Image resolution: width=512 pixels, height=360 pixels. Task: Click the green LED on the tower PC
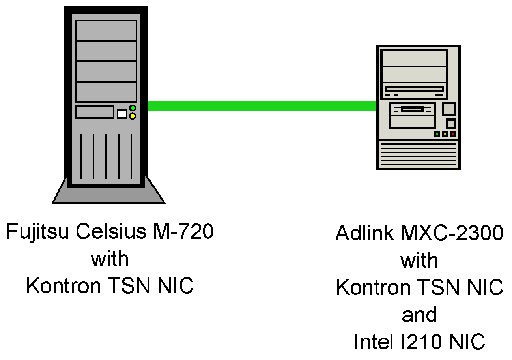pos(133,108)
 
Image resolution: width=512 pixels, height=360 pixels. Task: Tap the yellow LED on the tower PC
pos(133,116)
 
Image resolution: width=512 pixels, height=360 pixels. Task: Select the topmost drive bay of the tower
pos(106,30)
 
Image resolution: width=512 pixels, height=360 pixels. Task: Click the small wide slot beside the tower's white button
pos(95,112)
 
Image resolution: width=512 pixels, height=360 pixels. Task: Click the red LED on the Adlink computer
pos(453,134)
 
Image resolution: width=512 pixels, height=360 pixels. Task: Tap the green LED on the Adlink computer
pos(437,134)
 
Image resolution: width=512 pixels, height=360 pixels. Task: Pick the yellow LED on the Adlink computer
pos(445,134)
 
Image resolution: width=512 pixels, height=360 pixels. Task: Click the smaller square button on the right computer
pos(450,124)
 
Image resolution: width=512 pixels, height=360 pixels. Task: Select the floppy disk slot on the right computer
pos(412,109)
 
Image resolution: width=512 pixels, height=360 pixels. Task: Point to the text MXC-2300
pos(452,233)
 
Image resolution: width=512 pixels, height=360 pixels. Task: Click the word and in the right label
pos(419,315)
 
